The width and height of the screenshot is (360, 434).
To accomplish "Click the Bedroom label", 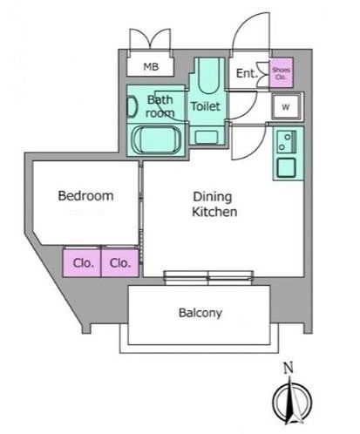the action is coord(85,196).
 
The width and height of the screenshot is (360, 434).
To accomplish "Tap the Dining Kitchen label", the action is coord(214,204).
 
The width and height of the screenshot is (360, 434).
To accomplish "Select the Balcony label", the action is coord(200,313).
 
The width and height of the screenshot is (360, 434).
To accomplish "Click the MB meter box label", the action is coord(151,67).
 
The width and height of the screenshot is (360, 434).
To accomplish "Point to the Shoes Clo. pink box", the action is coord(281,73).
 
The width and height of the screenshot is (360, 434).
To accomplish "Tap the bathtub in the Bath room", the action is coord(156,139).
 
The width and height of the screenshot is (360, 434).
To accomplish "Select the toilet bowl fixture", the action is coord(207,76).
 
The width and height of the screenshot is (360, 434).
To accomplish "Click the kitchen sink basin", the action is coord(286,167).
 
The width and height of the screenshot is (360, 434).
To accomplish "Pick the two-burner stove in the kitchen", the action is coord(286,142).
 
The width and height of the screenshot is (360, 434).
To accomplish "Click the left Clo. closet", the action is coord(82,262).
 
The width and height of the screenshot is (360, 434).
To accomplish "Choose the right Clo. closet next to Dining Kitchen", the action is coord(119,262).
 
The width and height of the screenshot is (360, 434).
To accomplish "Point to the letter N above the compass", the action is coord(289,369).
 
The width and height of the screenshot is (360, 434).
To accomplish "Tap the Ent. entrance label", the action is coord(247,73).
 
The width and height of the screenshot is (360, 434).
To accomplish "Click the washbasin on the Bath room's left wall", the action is coord(132,107).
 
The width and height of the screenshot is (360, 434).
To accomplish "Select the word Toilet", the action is coord(206,106).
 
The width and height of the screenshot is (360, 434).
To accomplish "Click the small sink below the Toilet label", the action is coord(207,137).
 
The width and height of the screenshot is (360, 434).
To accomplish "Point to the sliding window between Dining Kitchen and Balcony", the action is coord(208,278).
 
